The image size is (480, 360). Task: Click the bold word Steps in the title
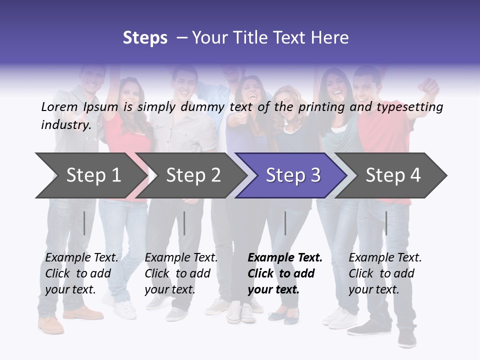[x=145, y=38]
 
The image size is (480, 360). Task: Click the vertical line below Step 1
[x=84, y=223]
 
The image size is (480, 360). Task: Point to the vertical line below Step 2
[x=184, y=223]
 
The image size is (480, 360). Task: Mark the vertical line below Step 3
[x=285, y=223]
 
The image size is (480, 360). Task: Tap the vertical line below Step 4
[x=386, y=223]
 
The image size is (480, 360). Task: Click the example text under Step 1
[x=81, y=273]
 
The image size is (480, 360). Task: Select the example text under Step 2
[x=181, y=273]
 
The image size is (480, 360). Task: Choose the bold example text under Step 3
[x=285, y=273]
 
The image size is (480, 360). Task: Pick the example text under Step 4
[x=385, y=273]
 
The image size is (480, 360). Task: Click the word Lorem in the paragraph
[x=58, y=106]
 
